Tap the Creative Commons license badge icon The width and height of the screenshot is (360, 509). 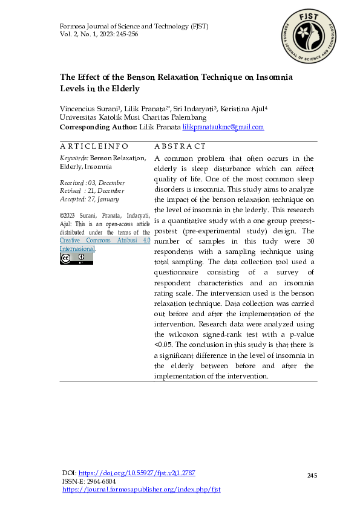(x=76, y=259)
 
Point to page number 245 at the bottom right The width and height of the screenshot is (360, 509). (x=312, y=476)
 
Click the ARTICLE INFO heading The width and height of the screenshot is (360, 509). (x=94, y=146)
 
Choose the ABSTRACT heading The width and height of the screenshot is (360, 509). (x=180, y=146)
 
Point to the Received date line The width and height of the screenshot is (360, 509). (x=92, y=183)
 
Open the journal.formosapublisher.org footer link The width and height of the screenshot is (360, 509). (x=142, y=489)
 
